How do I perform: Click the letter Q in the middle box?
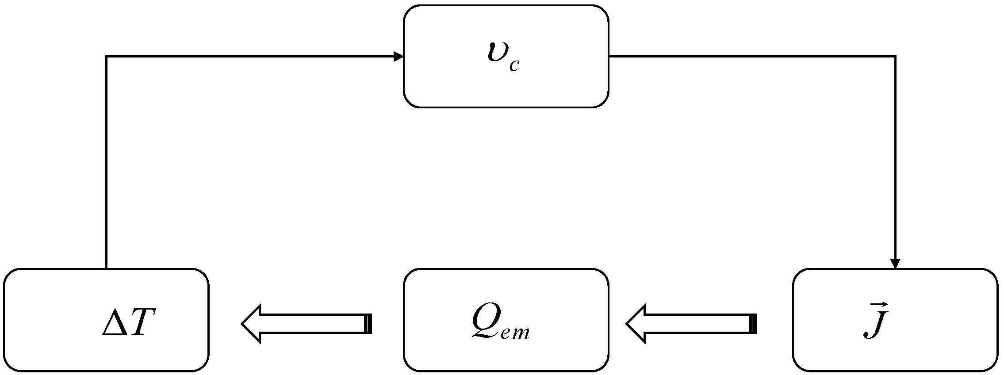[486, 321]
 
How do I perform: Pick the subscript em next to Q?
[515, 332]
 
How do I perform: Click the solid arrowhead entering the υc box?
[399, 57]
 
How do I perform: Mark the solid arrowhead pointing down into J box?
[895, 264]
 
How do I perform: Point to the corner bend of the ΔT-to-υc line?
[107, 57]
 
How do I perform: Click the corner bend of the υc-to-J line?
[895, 57]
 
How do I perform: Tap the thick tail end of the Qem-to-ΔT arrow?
[368, 323]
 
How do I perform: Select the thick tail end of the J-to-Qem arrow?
[753, 323]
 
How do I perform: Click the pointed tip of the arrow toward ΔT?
[242, 323]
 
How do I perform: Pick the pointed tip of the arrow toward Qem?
[627, 323]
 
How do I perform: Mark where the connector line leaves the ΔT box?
[107, 268]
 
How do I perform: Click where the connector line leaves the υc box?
[609, 57]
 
